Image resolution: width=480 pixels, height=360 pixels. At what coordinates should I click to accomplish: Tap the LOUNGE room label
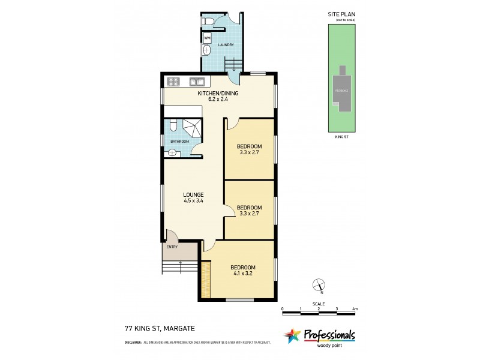[x=193, y=194]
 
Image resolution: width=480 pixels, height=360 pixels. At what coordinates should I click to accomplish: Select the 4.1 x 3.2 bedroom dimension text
[x=242, y=274]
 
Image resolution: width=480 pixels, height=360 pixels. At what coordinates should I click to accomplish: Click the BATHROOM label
[x=179, y=142]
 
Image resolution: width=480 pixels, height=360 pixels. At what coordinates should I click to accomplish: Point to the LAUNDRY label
[x=225, y=45]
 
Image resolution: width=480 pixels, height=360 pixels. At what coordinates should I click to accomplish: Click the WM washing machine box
[x=208, y=38]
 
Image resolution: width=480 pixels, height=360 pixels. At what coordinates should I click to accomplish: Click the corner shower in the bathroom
[x=192, y=127]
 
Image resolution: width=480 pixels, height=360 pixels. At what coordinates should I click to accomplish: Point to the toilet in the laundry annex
[x=207, y=22]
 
